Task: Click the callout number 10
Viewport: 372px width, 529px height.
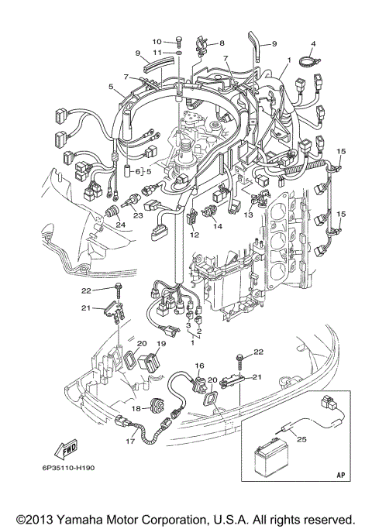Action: click(x=156, y=40)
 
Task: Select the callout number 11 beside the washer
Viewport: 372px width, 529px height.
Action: click(x=156, y=53)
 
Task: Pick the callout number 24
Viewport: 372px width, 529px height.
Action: click(x=121, y=225)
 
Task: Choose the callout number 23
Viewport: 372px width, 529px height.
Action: click(x=138, y=218)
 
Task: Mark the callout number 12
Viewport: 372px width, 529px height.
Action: click(x=194, y=235)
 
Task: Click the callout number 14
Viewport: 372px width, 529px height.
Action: click(x=218, y=227)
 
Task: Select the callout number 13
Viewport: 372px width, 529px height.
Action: click(x=249, y=214)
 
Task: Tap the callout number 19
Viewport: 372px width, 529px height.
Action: click(x=161, y=343)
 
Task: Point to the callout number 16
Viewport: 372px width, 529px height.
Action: click(x=198, y=366)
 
